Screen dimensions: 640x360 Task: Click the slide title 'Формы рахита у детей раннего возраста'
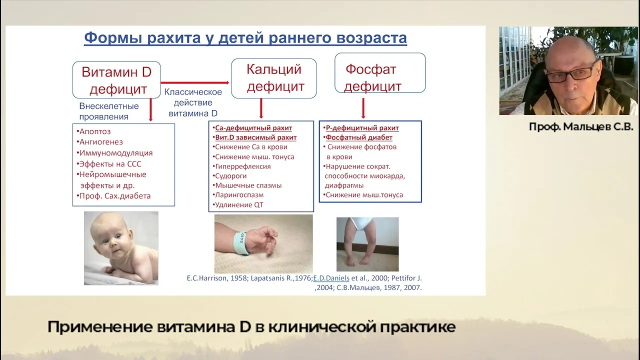pyautogui.click(x=245, y=38)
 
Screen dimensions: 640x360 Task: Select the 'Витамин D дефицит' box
pyautogui.click(x=116, y=80)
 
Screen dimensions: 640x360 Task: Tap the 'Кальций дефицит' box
pyautogui.click(x=273, y=78)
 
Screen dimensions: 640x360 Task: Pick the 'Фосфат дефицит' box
pyautogui.click(x=380, y=73)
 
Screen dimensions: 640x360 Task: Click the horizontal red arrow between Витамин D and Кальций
pyautogui.click(x=195, y=83)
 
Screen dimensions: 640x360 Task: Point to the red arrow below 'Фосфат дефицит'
pyautogui.click(x=363, y=108)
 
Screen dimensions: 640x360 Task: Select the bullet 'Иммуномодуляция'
pyautogui.click(x=114, y=153)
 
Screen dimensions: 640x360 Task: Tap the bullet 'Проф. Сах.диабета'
pyautogui.click(x=113, y=196)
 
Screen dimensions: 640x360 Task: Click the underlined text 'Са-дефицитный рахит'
pyautogui.click(x=253, y=128)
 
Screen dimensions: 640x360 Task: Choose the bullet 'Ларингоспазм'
pyautogui.click(x=238, y=195)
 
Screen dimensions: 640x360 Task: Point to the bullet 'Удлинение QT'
pyautogui.click(x=238, y=205)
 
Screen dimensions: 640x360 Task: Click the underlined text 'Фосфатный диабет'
pyautogui.click(x=359, y=137)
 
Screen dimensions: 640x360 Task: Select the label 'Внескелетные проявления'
pyautogui.click(x=109, y=111)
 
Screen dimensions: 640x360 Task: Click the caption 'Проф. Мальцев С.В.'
pyautogui.click(x=581, y=126)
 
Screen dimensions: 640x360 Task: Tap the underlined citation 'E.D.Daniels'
pyautogui.click(x=331, y=278)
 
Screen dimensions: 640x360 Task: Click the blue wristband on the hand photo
pyautogui.click(x=240, y=243)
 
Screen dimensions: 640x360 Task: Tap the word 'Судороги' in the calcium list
pyautogui.click(x=230, y=176)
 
